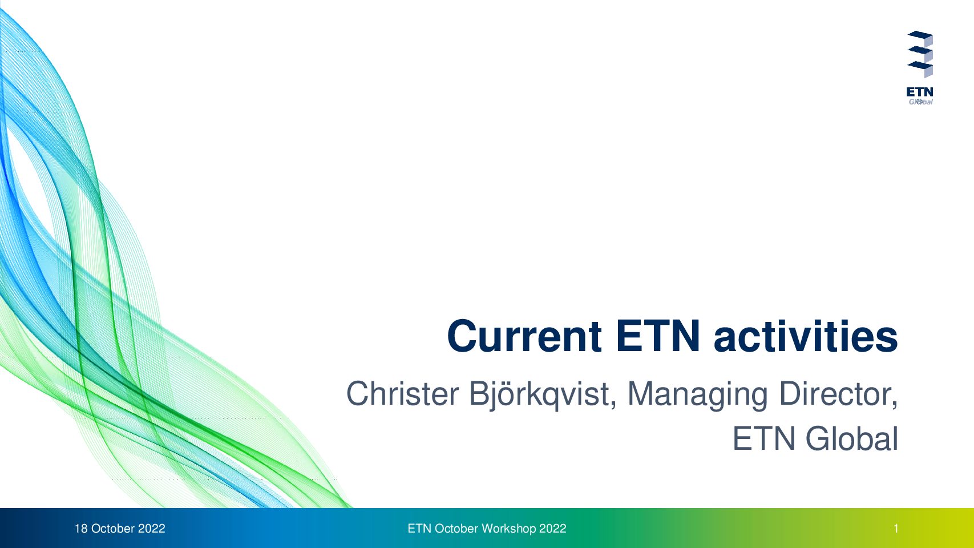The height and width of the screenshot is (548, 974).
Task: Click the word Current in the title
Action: pyautogui.click(x=524, y=336)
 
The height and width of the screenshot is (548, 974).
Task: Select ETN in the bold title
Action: pyautogui.click(x=658, y=336)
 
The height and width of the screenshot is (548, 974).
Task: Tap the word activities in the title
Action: pyautogui.click(x=806, y=336)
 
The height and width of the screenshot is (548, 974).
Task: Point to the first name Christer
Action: pyautogui.click(x=402, y=394)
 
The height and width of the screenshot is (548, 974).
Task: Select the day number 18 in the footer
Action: pyautogui.click(x=81, y=529)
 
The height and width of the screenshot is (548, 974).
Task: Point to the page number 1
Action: pyautogui.click(x=896, y=529)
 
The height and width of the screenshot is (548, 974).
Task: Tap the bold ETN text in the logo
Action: pyautogui.click(x=920, y=92)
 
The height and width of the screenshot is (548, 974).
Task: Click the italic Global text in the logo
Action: pyautogui.click(x=920, y=102)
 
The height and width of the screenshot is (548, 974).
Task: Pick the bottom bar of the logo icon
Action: pyautogui.click(x=920, y=68)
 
